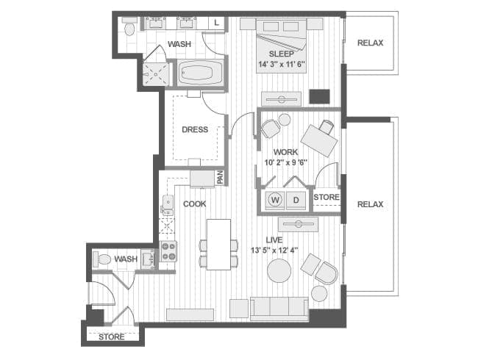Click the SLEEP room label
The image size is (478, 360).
tap(282, 54)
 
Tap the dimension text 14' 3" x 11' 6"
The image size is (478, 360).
tap(282, 65)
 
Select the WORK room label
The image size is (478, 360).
tap(285, 152)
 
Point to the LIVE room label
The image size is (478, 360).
tap(274, 240)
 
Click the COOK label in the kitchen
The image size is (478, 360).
tap(194, 204)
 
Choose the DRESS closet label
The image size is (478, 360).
tap(195, 130)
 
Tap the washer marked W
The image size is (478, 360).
tap(275, 200)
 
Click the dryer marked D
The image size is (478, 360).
tap(296, 200)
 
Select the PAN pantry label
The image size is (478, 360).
tap(220, 177)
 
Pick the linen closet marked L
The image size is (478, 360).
tap(216, 23)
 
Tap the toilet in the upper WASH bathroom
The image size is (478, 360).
tap(129, 26)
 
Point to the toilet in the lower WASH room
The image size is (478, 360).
tap(101, 259)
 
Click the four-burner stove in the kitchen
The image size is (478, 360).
tap(168, 251)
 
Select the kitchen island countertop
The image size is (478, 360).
tap(218, 245)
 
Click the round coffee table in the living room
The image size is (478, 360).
tap(279, 271)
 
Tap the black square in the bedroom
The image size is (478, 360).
tap(320, 96)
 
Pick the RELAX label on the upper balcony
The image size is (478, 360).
tap(370, 43)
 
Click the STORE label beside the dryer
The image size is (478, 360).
tap(327, 198)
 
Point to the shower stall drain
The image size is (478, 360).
tap(155, 74)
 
